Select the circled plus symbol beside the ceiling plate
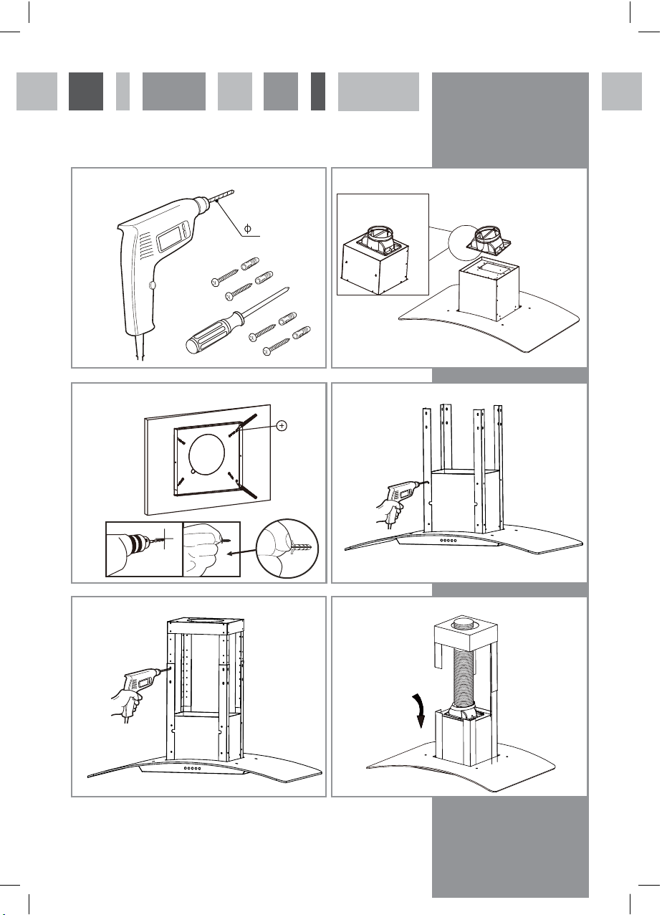(282, 426)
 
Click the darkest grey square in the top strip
(86, 91)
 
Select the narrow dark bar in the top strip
(318, 91)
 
